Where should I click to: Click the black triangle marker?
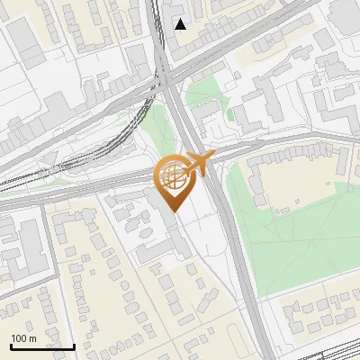[x=181, y=23]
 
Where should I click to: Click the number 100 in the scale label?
[x=19, y=338]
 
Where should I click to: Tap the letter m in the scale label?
[x=32, y=338]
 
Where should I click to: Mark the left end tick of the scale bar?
[x=11, y=346]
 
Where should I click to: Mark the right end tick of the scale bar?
[x=74, y=346]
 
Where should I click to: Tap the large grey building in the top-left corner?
[x=27, y=40]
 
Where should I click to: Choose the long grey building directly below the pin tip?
[x=171, y=229]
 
